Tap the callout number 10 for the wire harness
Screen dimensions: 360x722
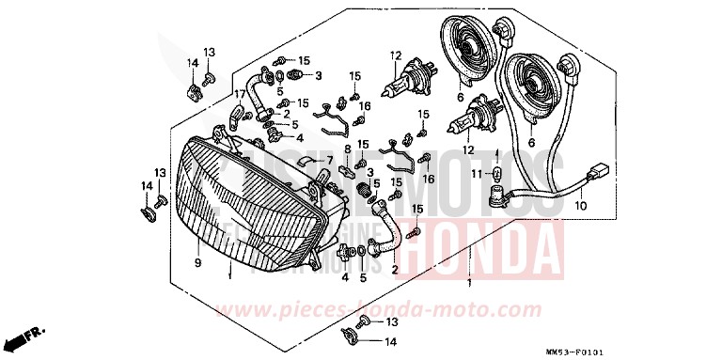(580, 204)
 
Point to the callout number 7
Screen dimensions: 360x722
(330, 161)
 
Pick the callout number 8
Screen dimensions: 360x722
(348, 149)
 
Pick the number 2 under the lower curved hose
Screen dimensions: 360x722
(394, 270)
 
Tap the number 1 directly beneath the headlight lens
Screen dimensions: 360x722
(228, 277)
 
